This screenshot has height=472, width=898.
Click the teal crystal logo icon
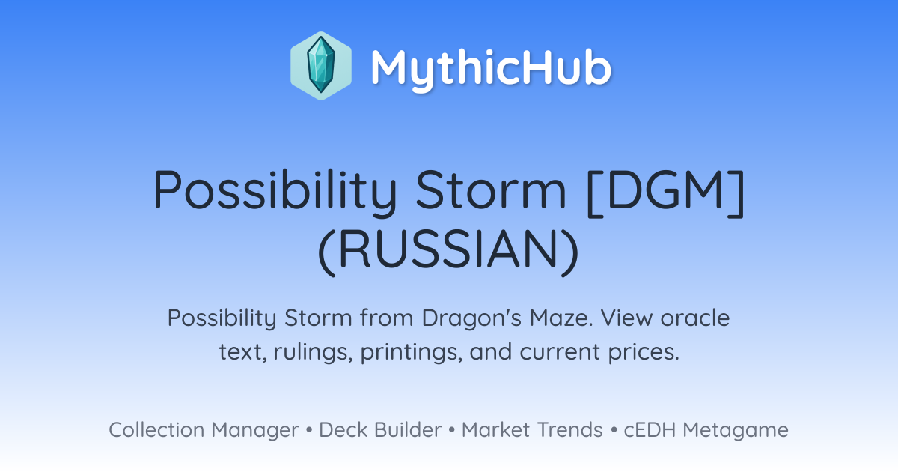321,66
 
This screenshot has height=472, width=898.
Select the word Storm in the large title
491,190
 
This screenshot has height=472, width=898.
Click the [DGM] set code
665,193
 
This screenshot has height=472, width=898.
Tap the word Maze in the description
561,318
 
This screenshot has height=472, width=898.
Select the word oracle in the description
694,318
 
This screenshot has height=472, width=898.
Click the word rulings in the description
313,352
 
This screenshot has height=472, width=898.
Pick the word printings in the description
409,352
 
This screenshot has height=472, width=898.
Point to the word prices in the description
644,352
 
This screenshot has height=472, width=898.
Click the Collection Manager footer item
204,430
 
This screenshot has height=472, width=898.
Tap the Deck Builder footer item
380,430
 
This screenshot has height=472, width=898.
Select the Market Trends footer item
532,430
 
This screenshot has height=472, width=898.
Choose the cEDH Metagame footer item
706,430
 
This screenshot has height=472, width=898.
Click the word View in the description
626,318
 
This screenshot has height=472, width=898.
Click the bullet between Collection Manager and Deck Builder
308,430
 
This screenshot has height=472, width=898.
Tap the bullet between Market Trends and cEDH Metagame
614,430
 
